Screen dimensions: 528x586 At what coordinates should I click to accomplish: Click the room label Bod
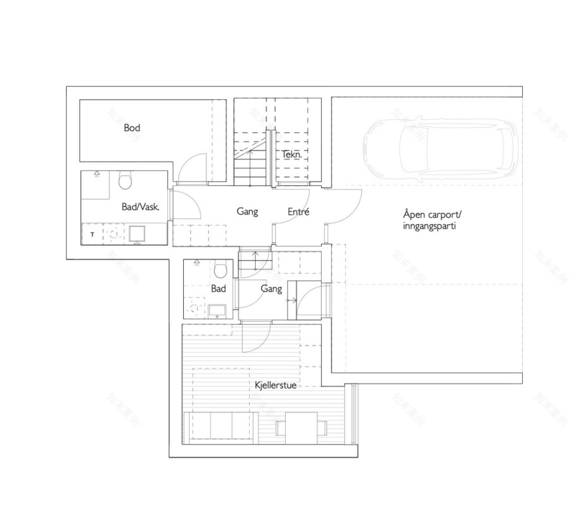point(132,127)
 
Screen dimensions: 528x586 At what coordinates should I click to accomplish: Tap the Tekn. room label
point(292,154)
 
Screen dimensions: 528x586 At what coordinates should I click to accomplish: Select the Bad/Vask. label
point(141,206)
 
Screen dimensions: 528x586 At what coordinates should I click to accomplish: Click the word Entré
point(299,212)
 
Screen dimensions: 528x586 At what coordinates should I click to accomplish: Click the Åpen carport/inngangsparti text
point(432,220)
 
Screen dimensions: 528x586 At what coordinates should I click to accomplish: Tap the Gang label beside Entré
point(247,212)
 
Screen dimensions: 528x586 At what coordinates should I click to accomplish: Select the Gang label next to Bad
point(271,289)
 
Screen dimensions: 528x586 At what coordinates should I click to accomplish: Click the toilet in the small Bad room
point(222,269)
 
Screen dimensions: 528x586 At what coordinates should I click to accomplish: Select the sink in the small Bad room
point(216,310)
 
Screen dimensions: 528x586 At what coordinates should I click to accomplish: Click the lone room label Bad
point(218,289)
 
